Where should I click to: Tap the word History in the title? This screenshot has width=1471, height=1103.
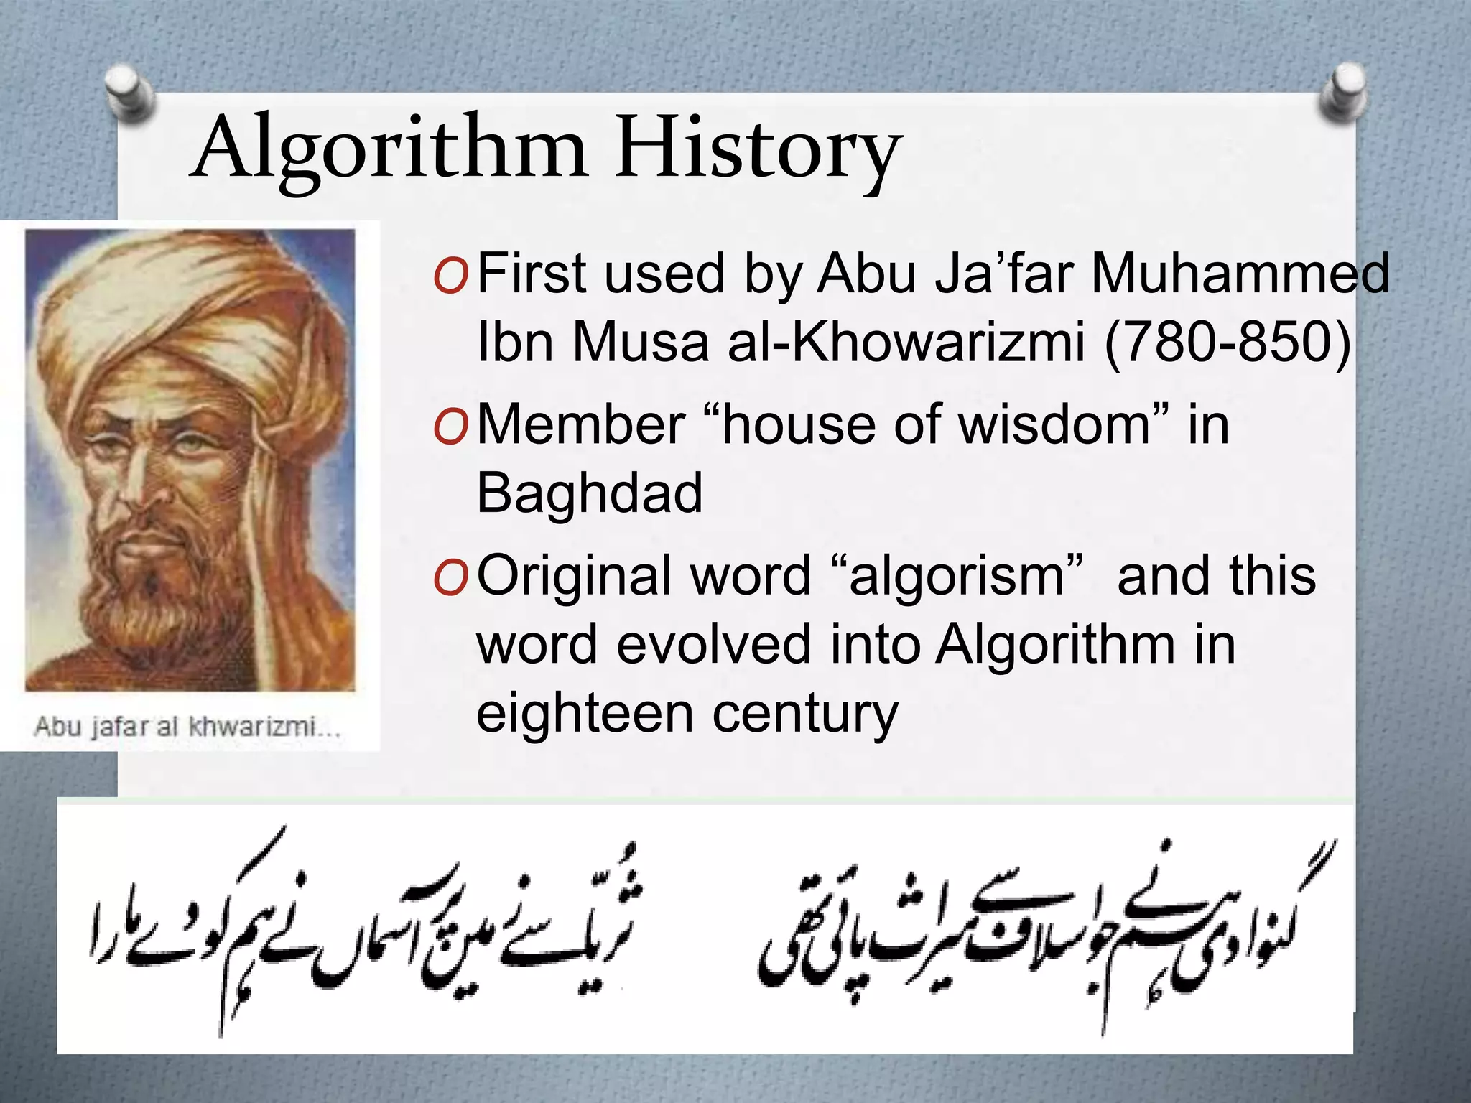click(x=758, y=151)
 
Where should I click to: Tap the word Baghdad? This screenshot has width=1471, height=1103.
click(x=589, y=494)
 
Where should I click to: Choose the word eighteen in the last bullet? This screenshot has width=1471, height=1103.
click(x=584, y=714)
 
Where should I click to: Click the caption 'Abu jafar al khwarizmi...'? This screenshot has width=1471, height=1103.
click(x=187, y=727)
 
